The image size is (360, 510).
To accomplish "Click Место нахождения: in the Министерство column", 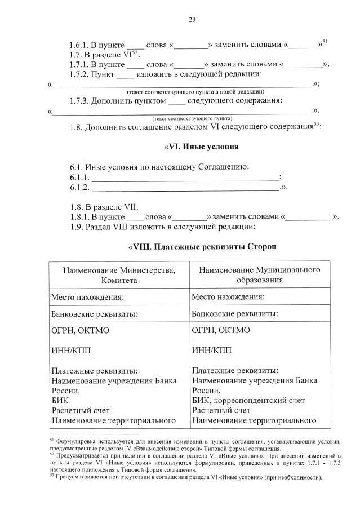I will pyautogui.click(x=87, y=297).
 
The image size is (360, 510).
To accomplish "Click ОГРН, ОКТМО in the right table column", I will pyautogui.click(x=221, y=331).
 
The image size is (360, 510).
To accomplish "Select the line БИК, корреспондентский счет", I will pyautogui.click(x=248, y=400).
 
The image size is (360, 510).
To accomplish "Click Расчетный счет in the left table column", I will pyautogui.click(x=80, y=410).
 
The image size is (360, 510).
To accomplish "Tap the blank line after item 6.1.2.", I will pyautogui.click(x=185, y=188).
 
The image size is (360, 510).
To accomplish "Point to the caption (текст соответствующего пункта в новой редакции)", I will pyautogui.click(x=195, y=91).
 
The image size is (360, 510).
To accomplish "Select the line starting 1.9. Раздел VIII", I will pyautogui.click(x=162, y=227).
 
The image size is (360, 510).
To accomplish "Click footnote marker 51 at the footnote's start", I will pyautogui.click(x=51, y=437).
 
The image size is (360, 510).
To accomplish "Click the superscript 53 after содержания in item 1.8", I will pyautogui.click(x=317, y=124).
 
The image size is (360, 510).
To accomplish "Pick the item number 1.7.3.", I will pyautogui.click(x=81, y=101).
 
